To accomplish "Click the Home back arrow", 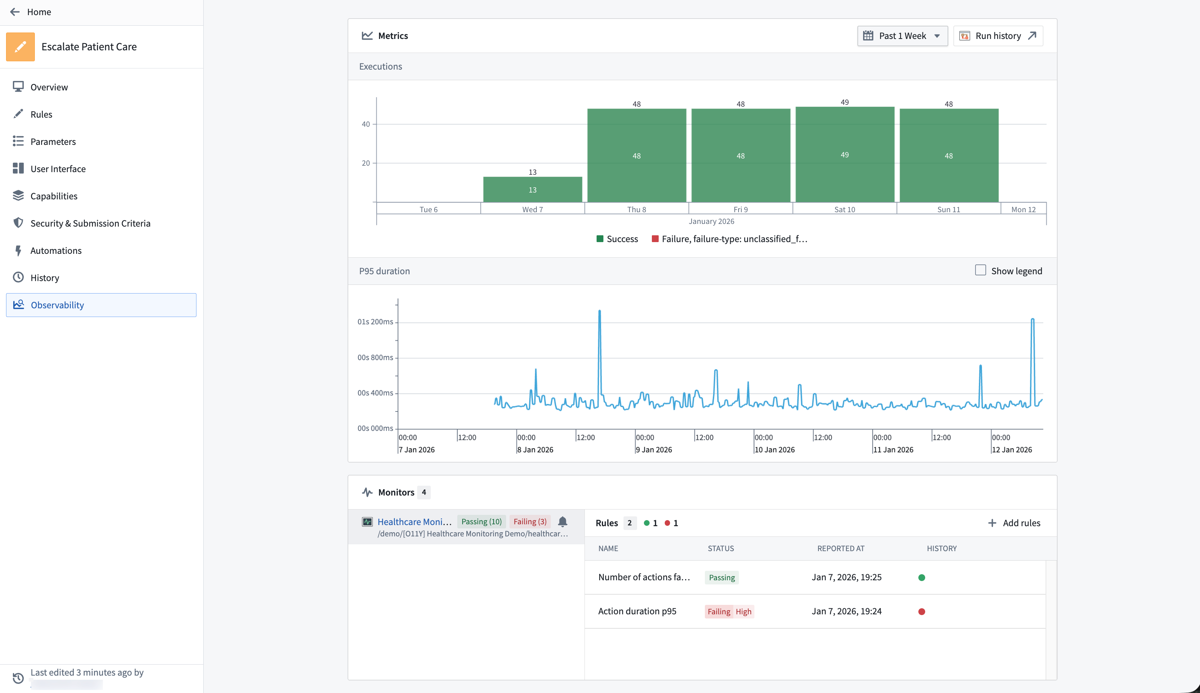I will tap(15, 12).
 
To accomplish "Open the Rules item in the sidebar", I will tap(41, 114).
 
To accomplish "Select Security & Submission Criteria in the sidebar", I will tap(90, 223).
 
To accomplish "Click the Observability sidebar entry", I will tap(57, 305).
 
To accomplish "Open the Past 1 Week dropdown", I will tap(902, 36).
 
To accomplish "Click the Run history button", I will tap(997, 36).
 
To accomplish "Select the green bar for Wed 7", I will tap(532, 190).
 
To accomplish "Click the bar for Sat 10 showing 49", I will tap(844, 155).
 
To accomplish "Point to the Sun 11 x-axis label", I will tap(948, 210).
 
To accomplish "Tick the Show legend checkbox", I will tap(980, 270).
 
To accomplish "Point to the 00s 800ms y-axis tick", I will tap(375, 357).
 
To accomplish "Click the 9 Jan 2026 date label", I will tap(653, 450).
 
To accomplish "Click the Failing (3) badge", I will tap(530, 522).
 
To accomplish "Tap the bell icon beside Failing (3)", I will tap(563, 522).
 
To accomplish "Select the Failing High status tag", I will tap(729, 612).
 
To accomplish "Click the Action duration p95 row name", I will tap(637, 611).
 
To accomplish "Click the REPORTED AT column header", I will tap(840, 548).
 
